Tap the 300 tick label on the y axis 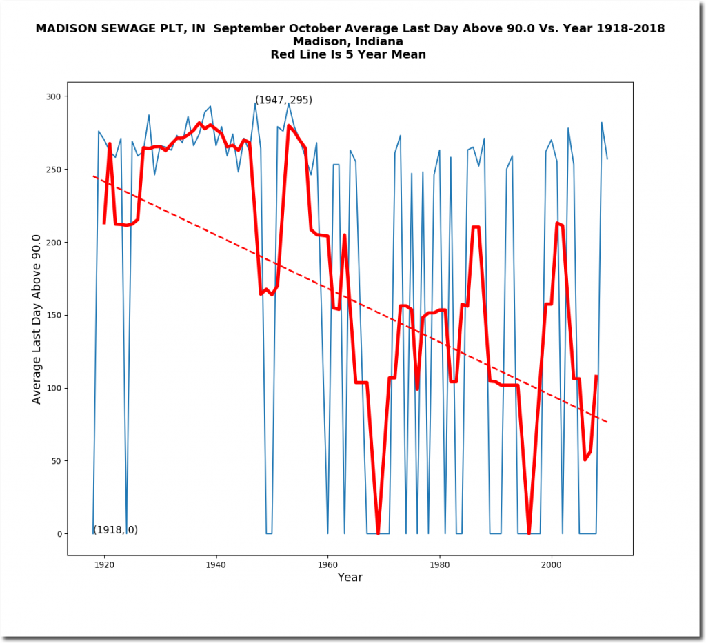click(53, 96)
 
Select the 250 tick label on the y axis click(53, 170)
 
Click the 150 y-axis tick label click(53, 315)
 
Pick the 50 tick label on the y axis click(56, 461)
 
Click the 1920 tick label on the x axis click(104, 565)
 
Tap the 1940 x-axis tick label click(216, 565)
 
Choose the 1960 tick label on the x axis click(327, 565)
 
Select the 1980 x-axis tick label click(439, 565)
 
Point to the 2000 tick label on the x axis click(551, 565)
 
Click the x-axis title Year click(350, 578)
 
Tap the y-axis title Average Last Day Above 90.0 click(37, 318)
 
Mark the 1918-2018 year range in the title click(632, 29)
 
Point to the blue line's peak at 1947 click(255, 103)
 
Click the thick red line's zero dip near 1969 click(378, 533)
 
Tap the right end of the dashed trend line click(607, 422)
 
